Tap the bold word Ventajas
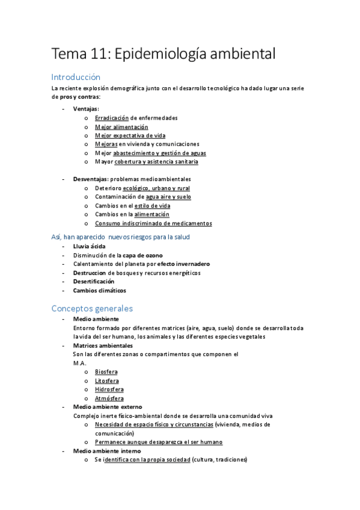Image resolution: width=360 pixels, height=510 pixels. [x=86, y=109]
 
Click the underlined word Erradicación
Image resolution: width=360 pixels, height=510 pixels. [x=111, y=118]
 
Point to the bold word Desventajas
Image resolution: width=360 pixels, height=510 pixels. [x=90, y=179]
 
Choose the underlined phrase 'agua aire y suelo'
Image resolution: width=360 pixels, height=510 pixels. [x=168, y=197]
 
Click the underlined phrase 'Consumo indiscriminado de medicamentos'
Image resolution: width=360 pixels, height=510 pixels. [x=153, y=223]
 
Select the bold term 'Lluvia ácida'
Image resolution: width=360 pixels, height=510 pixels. [x=89, y=247]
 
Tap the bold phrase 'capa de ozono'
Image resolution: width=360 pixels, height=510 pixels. [x=143, y=255]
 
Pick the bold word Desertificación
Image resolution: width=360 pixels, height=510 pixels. [x=93, y=281]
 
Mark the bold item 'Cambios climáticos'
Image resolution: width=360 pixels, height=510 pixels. [x=99, y=290]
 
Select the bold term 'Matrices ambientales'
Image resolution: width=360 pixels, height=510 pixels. [x=103, y=346]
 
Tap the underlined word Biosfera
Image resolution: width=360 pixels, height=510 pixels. [x=106, y=372]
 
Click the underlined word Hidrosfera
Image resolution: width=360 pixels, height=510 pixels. [x=109, y=389]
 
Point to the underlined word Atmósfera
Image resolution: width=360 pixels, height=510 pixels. [x=109, y=398]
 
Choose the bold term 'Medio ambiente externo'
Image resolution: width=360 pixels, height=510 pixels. [x=108, y=407]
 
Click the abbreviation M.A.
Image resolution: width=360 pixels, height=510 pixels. [x=79, y=363]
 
